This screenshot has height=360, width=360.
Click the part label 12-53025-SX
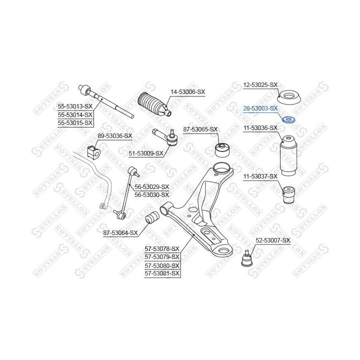pos(260,85)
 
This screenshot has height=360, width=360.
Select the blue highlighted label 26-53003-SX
pos(260,108)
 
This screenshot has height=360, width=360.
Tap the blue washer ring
pos(288,119)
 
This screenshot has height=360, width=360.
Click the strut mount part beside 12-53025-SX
pos(289,98)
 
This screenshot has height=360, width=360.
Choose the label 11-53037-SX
pos(260,177)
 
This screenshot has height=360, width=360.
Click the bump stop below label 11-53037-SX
pos(288,195)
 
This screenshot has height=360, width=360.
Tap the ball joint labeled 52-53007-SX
pos(247,258)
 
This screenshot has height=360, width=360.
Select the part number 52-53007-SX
pos(273,240)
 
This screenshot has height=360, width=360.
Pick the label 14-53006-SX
pos(187,92)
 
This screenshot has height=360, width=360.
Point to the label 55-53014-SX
pos(75,114)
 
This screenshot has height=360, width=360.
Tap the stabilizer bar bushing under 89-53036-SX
pos(94,152)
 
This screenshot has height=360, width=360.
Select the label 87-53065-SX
pos(200,129)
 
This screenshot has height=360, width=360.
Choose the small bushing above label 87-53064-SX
pos(152,217)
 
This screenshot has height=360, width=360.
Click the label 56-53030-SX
pos(152,195)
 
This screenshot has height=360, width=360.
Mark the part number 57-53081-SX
pos(162,273)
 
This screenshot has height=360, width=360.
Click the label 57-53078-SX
pos(162,249)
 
